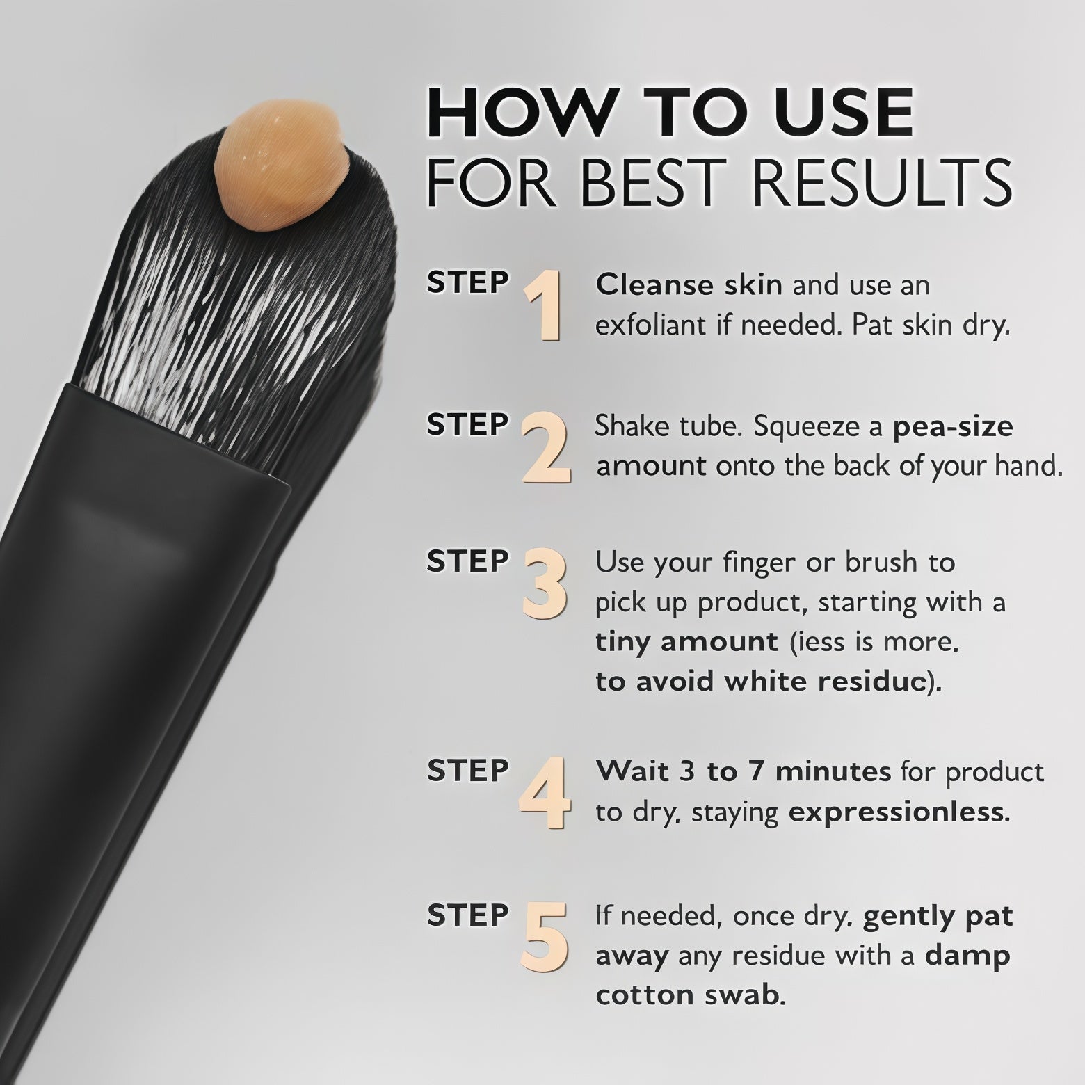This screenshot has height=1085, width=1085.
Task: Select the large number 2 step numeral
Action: [547, 447]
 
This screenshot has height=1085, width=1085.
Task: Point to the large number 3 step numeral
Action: [545, 584]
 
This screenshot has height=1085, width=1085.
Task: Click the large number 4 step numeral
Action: [545, 794]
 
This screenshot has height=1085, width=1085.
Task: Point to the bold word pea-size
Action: [953, 426]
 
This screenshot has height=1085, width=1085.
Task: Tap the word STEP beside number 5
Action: [468, 915]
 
